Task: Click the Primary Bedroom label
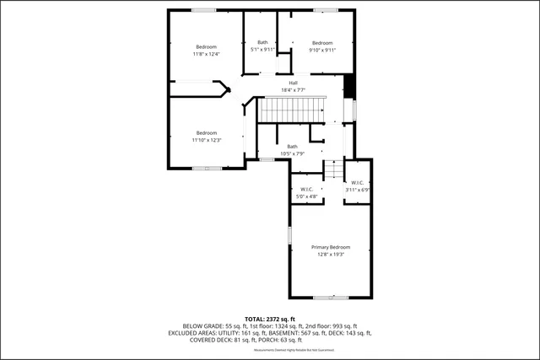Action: (330, 246)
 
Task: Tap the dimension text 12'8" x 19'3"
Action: (330, 254)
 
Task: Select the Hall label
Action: (293, 83)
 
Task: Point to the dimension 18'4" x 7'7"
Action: (293, 90)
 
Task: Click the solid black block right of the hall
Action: (348, 87)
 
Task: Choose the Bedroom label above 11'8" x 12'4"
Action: (207, 46)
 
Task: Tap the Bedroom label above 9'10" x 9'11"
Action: (322, 43)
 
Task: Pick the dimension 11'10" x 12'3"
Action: (207, 140)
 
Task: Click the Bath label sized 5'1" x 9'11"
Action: (262, 43)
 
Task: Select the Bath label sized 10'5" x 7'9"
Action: (292, 146)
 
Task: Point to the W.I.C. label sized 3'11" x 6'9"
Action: (357, 182)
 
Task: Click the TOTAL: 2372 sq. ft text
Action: (270, 318)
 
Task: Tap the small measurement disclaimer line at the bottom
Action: (270, 349)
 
